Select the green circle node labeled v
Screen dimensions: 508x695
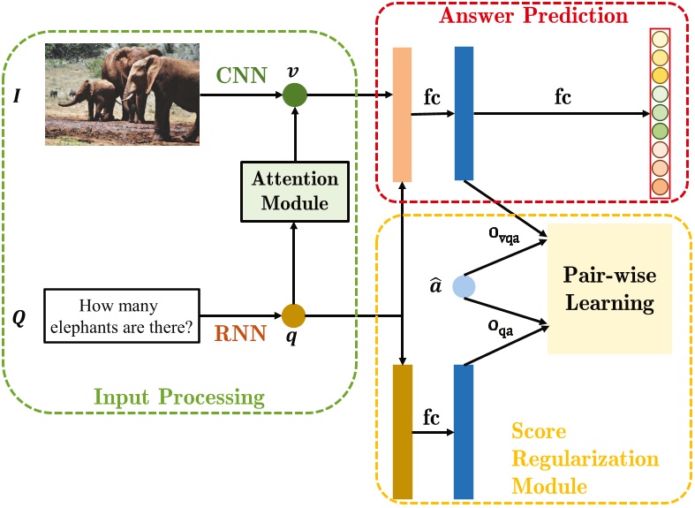(294, 95)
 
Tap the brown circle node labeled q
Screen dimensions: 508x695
(293, 315)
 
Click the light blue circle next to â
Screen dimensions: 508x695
(465, 287)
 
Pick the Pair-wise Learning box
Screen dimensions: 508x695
(610, 289)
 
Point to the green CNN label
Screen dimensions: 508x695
(241, 75)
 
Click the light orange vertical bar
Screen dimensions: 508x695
(402, 114)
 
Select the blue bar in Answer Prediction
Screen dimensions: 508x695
(465, 114)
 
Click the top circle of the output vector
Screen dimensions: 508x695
(659, 40)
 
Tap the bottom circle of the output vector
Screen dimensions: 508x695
(659, 187)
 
